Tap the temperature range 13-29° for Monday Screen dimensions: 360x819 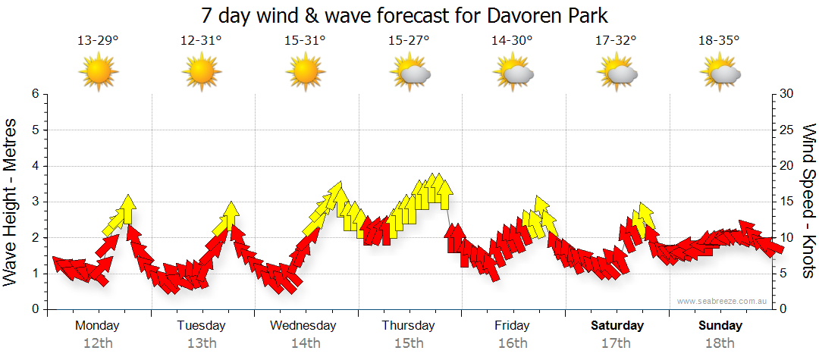coord(98,41)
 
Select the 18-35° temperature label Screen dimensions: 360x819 coord(719,41)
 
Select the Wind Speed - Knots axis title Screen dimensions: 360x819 coord(808,201)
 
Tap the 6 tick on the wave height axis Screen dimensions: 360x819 coord(34,94)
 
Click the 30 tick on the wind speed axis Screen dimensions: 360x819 coord(786,94)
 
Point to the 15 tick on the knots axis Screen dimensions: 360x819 coord(786,202)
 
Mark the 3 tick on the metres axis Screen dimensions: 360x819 coord(34,202)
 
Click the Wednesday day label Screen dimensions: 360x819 coord(303,326)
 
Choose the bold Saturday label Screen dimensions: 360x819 coord(617,326)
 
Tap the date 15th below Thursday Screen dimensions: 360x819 coord(409,343)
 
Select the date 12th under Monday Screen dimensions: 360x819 coord(98,343)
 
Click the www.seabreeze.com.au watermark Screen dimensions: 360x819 coord(723,301)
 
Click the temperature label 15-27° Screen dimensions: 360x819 coord(409,41)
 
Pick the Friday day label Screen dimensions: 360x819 coord(513,326)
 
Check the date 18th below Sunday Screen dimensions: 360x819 coord(720,343)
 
